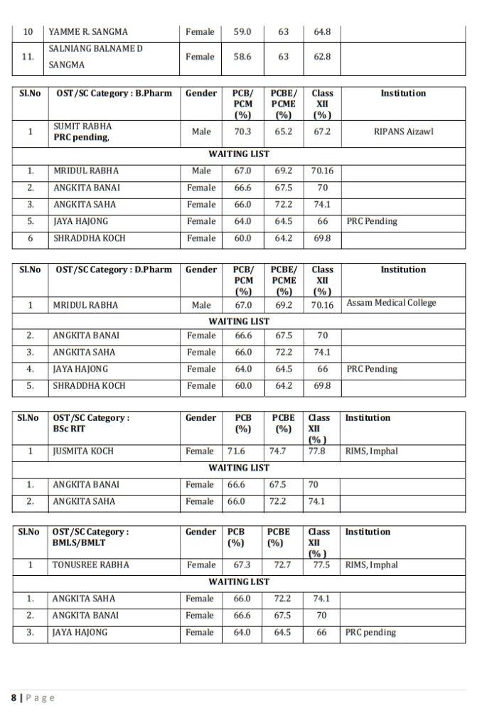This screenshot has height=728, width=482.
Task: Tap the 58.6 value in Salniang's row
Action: [242, 57]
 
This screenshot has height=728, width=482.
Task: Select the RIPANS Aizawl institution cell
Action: [403, 132]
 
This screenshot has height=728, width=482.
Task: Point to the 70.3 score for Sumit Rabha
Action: [242, 132]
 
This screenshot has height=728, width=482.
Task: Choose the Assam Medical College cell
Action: [391, 303]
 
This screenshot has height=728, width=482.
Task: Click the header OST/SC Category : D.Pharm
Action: [114, 270]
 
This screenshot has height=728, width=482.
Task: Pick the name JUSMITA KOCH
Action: [82, 451]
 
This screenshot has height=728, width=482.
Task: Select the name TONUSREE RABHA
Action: [90, 565]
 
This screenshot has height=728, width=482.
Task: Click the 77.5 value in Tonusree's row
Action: [321, 565]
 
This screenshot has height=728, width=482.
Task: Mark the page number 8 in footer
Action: [14, 698]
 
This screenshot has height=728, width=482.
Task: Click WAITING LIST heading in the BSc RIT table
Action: [239, 468]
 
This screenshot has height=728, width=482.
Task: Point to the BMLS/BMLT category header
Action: [90, 537]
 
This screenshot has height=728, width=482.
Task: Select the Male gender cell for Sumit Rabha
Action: [201, 132]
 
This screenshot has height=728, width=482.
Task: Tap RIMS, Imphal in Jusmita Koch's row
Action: [371, 451]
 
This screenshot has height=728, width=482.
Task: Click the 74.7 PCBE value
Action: [278, 451]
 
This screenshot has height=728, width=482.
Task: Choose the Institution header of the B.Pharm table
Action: [403, 93]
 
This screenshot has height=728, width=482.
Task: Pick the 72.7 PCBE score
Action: [282, 565]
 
